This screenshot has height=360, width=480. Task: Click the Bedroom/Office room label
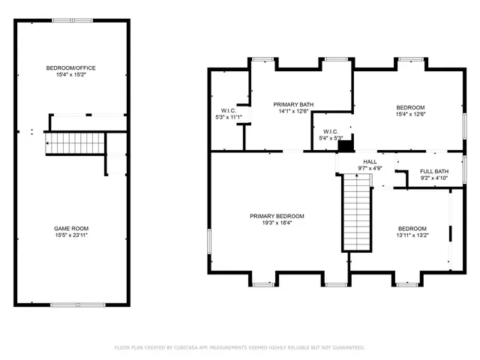tap(71, 68)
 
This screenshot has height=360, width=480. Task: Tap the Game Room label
tap(71, 228)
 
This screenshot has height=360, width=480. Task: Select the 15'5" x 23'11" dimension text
tap(71, 235)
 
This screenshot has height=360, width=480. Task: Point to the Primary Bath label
tap(293, 104)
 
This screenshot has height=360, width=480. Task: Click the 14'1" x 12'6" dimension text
tap(293, 112)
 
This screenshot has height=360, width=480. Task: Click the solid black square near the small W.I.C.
tap(346, 145)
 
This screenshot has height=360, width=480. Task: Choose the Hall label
tap(370, 161)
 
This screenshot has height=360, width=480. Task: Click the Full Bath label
tap(433, 171)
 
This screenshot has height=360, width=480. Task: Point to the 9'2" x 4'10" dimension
tap(433, 178)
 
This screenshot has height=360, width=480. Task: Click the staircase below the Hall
tap(358, 213)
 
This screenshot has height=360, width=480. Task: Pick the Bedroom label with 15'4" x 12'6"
tap(410, 107)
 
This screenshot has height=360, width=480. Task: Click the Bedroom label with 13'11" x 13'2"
tap(412, 228)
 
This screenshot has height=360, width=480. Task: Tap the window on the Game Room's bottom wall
tap(73, 304)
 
